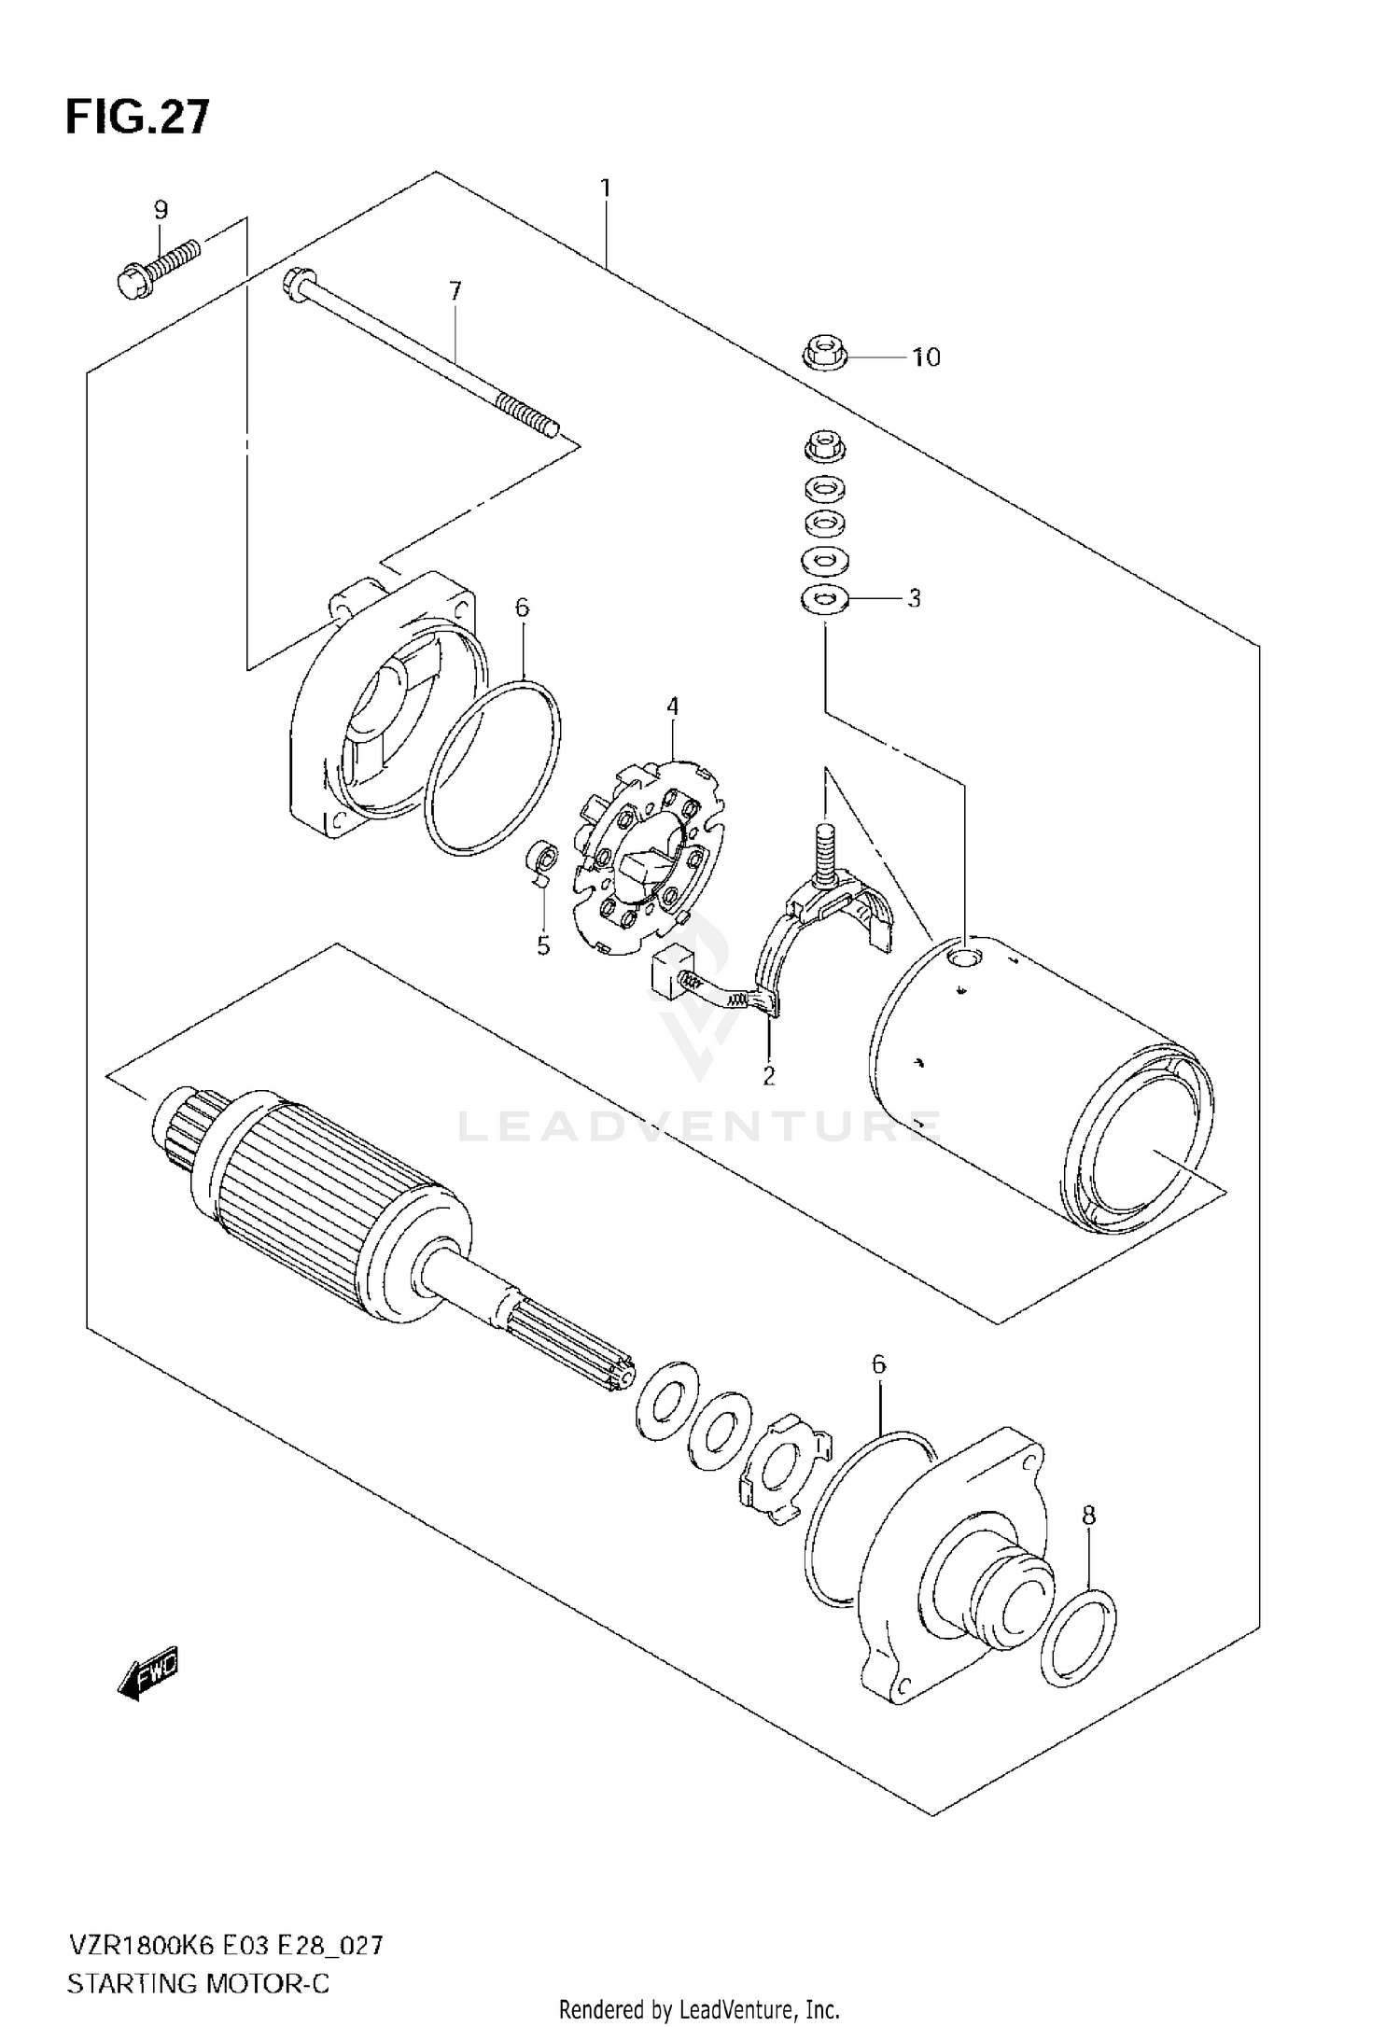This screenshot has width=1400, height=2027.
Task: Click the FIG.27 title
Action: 138,119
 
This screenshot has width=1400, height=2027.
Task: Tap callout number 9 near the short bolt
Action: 161,210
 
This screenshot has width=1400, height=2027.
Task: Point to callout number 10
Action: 926,357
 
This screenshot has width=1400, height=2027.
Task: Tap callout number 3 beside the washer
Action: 914,598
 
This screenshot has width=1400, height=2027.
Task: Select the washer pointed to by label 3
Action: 824,598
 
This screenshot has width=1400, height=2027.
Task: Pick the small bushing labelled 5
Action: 541,855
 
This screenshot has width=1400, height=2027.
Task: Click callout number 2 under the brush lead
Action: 768,1076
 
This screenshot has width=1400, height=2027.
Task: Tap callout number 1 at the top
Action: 605,189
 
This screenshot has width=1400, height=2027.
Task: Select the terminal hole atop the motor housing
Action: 964,958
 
